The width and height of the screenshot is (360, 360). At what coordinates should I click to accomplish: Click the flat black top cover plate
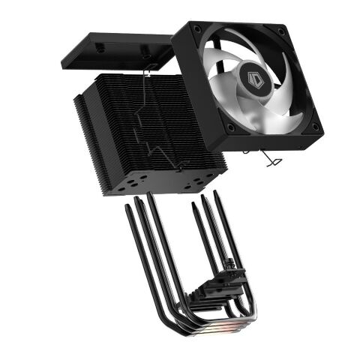[x=112, y=49]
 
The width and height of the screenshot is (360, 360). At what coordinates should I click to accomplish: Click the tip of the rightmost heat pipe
[x=216, y=193]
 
